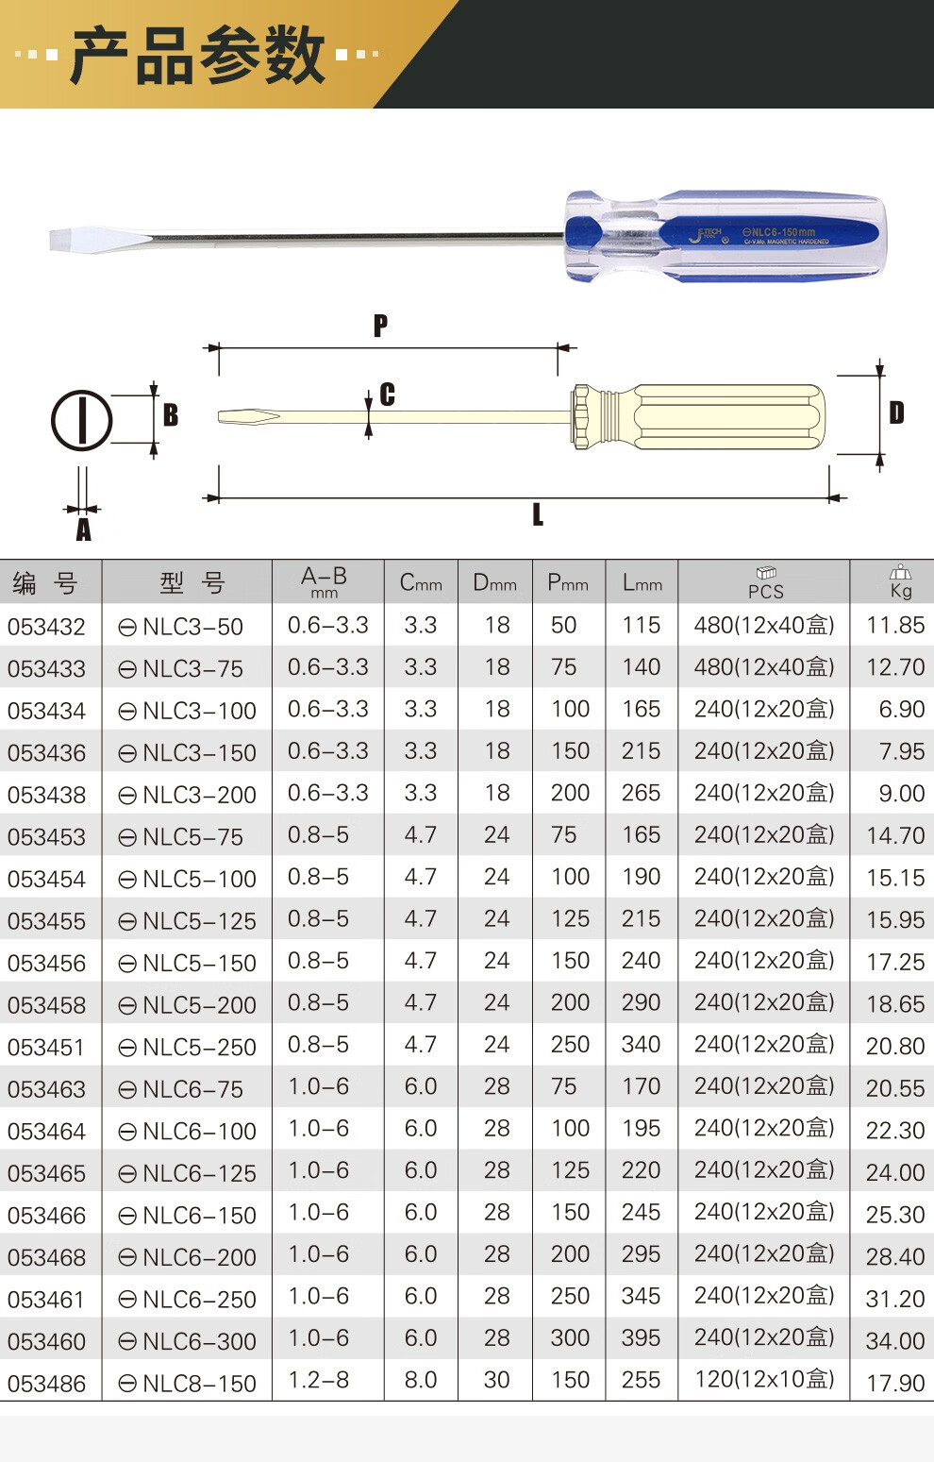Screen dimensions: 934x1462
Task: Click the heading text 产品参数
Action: [197, 55]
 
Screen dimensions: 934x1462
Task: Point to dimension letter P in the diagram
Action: [380, 325]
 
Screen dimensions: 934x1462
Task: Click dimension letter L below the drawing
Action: [538, 515]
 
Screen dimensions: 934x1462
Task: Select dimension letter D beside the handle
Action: [897, 412]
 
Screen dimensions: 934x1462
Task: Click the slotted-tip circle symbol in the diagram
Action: [81, 421]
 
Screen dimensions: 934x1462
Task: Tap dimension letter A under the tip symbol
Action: [83, 529]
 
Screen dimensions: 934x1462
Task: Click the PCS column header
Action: [766, 583]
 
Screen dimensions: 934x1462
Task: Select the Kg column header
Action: [901, 583]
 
